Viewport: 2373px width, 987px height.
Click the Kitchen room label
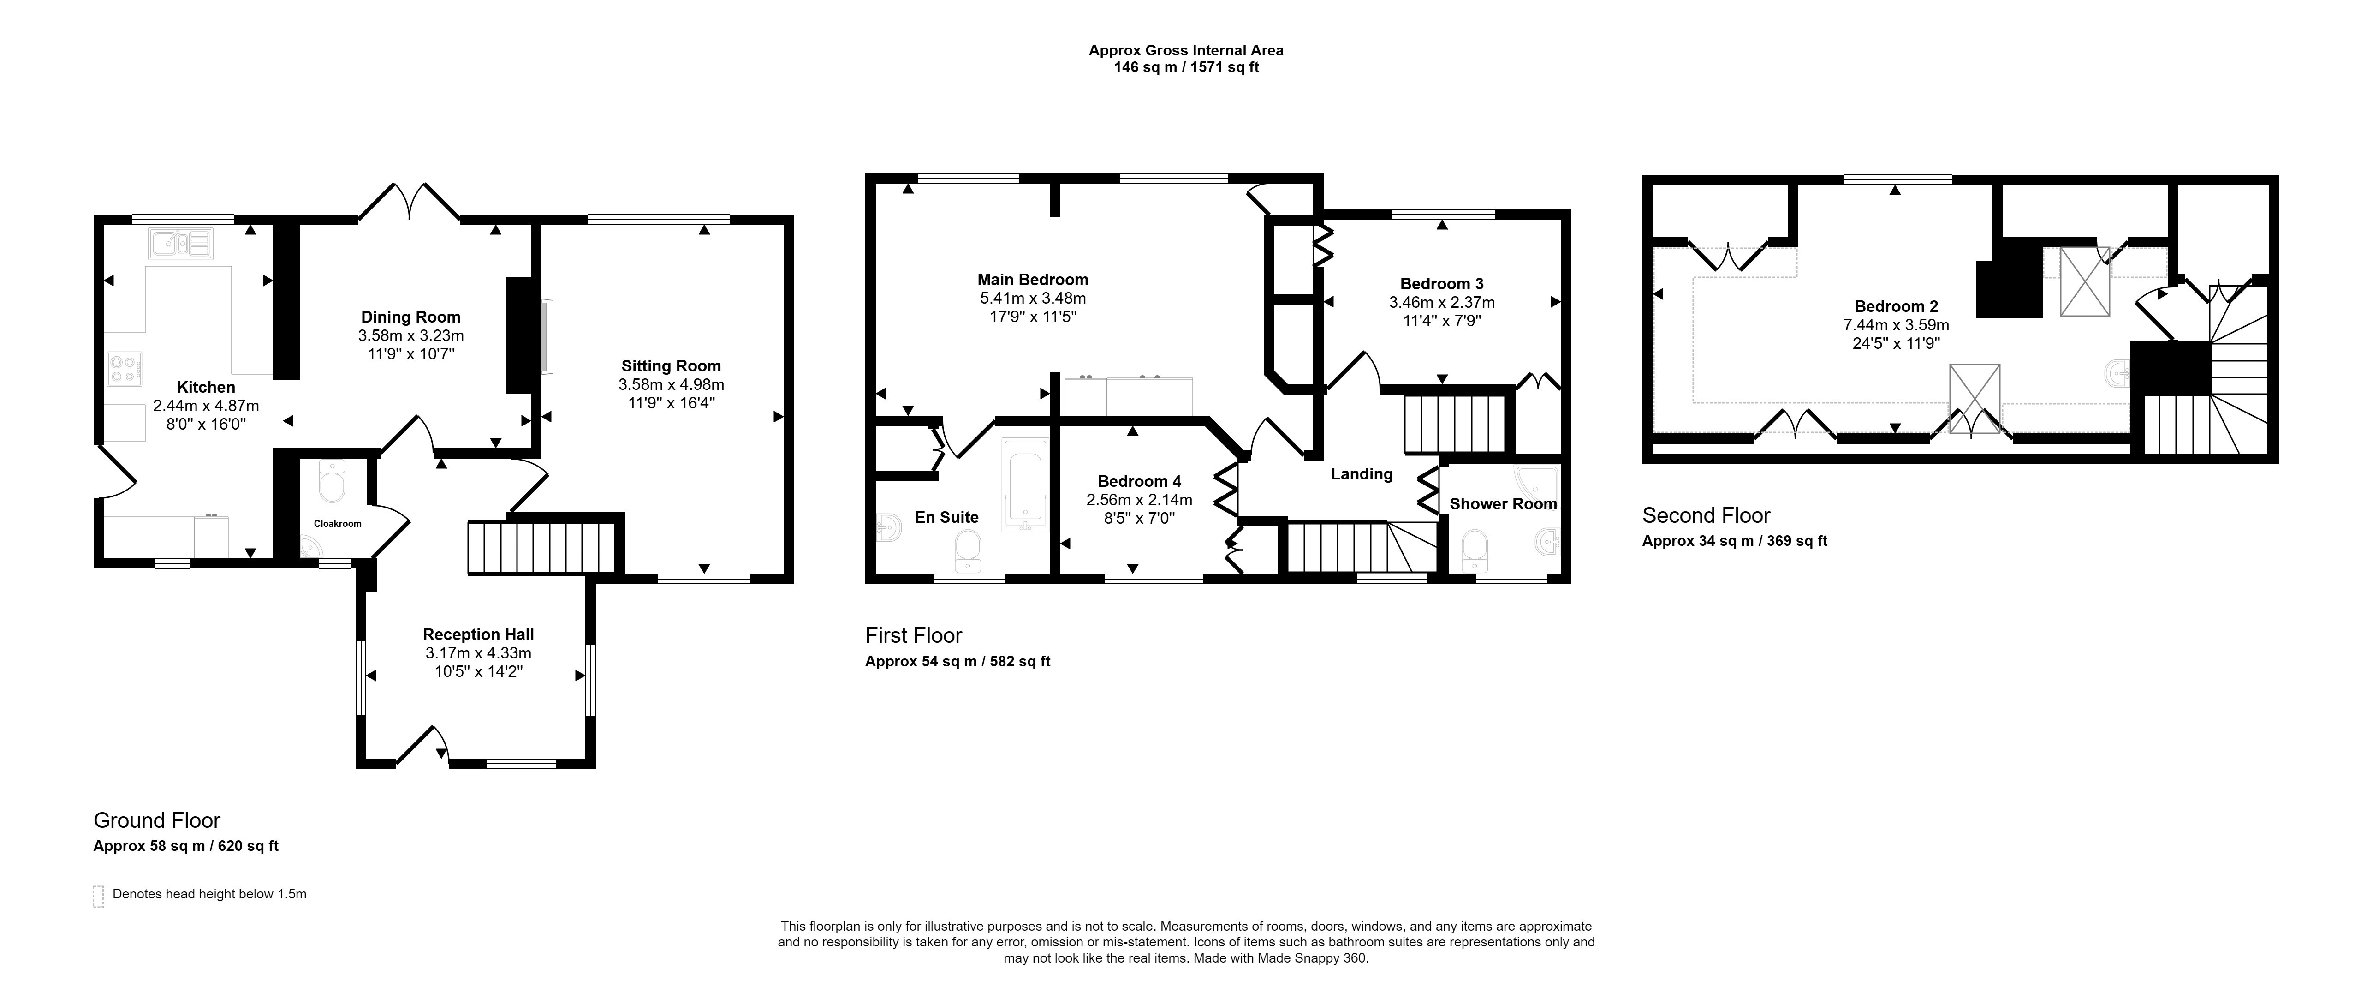pyautogui.click(x=206, y=387)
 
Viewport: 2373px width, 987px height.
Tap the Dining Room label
pyautogui.click(x=411, y=317)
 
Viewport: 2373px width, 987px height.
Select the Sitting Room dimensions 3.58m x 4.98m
pyautogui.click(x=672, y=384)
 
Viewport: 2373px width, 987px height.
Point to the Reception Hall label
pyautogui.click(x=478, y=634)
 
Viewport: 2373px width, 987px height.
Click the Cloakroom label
pyautogui.click(x=337, y=523)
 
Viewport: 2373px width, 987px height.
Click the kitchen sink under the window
pyautogui.click(x=180, y=243)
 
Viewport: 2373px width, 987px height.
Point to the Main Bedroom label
pyautogui.click(x=1033, y=279)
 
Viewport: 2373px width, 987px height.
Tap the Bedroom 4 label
pyautogui.click(x=1140, y=481)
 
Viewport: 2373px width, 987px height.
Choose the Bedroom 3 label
pyautogui.click(x=1442, y=284)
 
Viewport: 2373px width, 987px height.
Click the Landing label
pyautogui.click(x=1362, y=474)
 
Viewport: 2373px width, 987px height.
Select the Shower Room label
pyautogui.click(x=1504, y=504)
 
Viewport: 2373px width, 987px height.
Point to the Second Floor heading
pyautogui.click(x=1706, y=515)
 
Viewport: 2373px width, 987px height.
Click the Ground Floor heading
pyautogui.click(x=157, y=820)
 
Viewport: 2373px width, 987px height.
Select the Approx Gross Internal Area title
pyautogui.click(x=1186, y=51)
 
